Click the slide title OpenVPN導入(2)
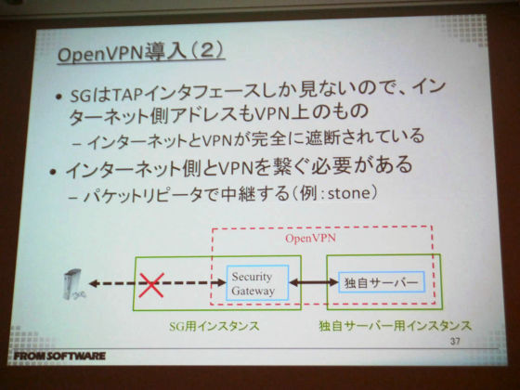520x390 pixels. click(140, 54)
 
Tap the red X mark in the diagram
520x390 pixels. click(151, 285)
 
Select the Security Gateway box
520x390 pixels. click(257, 283)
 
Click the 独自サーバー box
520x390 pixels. click(382, 282)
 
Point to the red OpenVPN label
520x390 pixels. click(310, 239)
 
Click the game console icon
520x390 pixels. click(73, 284)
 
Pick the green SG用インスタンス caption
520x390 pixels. click(214, 326)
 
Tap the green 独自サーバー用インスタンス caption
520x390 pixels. click(395, 326)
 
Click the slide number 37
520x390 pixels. click(455, 341)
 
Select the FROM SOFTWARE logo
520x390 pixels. click(59, 357)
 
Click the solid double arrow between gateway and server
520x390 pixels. click(314, 282)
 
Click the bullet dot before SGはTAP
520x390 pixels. click(59, 97)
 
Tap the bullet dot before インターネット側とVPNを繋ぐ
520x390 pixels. click(54, 172)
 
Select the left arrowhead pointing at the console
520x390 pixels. click(94, 283)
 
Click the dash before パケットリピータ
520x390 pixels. click(74, 198)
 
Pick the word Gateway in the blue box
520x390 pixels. click(253, 291)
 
